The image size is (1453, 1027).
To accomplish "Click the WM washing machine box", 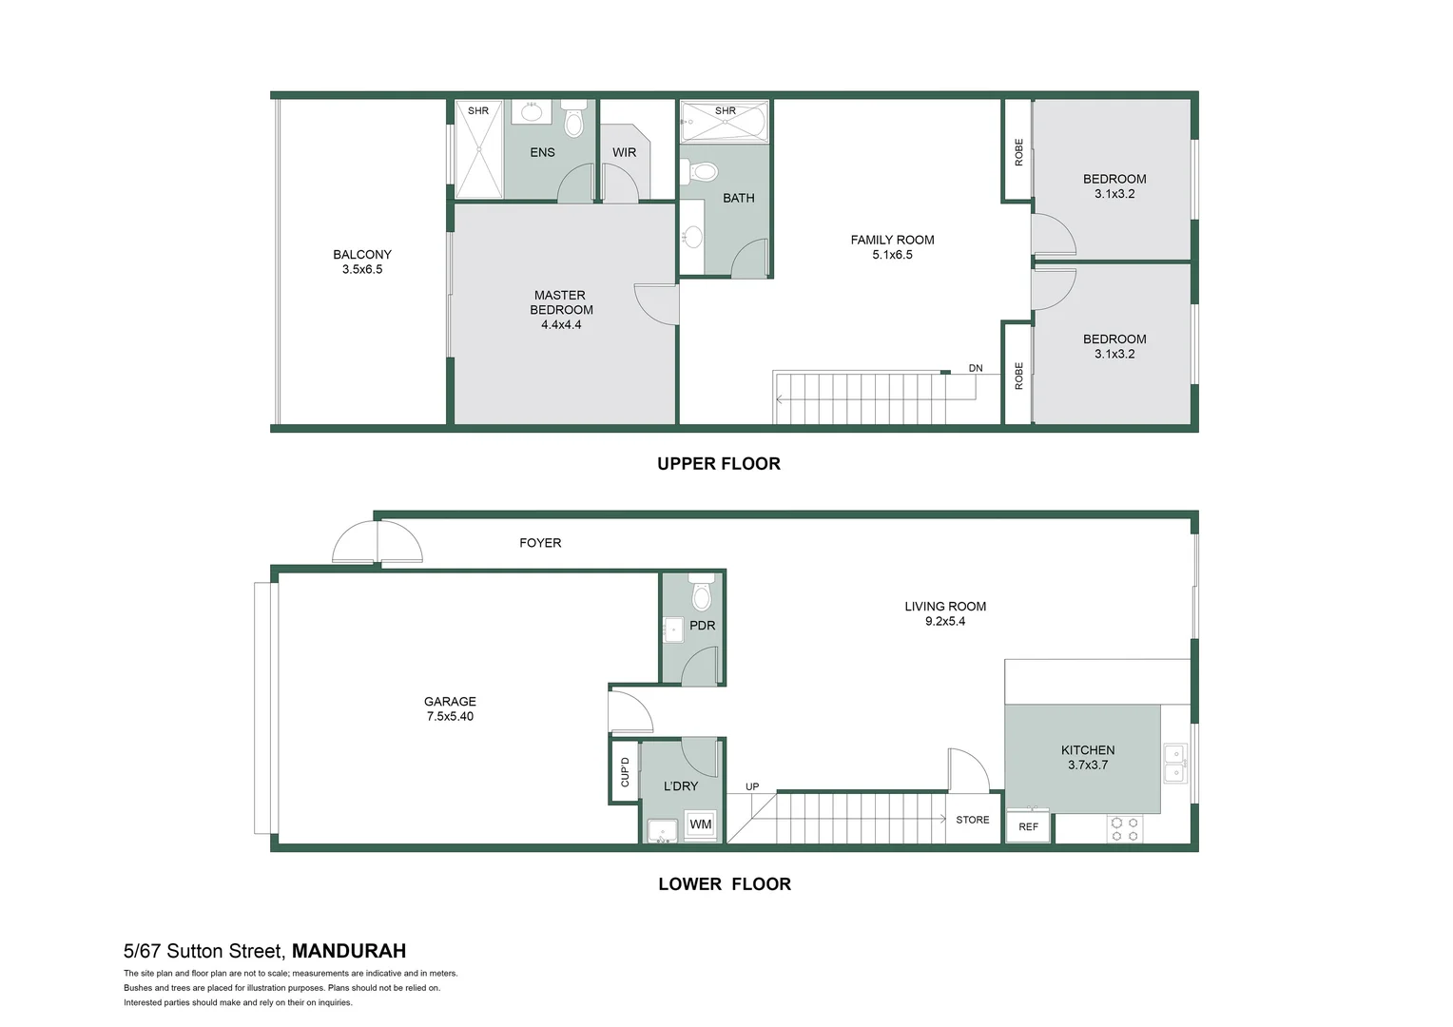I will [701, 824].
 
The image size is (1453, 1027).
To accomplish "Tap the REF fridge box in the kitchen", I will [1028, 826].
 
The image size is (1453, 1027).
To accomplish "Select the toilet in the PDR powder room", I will [702, 594].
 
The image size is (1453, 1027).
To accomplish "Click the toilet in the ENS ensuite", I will [573, 122].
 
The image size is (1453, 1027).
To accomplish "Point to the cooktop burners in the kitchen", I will [1125, 829].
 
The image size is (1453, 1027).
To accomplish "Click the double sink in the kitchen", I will [1175, 764].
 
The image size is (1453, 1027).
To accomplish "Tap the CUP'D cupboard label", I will [625, 771].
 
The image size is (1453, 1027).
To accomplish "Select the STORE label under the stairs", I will [972, 820].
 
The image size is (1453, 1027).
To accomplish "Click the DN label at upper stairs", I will [976, 368].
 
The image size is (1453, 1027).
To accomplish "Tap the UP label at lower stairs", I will [752, 786].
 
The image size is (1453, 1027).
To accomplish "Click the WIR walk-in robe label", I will [624, 152].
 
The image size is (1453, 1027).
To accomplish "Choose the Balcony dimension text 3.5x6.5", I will [362, 269].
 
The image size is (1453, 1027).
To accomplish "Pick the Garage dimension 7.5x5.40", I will [450, 716].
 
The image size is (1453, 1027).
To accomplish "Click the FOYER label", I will [540, 543].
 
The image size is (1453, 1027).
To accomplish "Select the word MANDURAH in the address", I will [349, 951].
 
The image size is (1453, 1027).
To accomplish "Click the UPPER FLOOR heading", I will [719, 464].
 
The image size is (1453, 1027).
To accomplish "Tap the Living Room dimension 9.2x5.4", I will [945, 621].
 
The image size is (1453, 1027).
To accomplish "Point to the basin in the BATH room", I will [692, 235].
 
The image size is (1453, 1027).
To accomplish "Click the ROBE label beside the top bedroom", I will [1018, 152].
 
